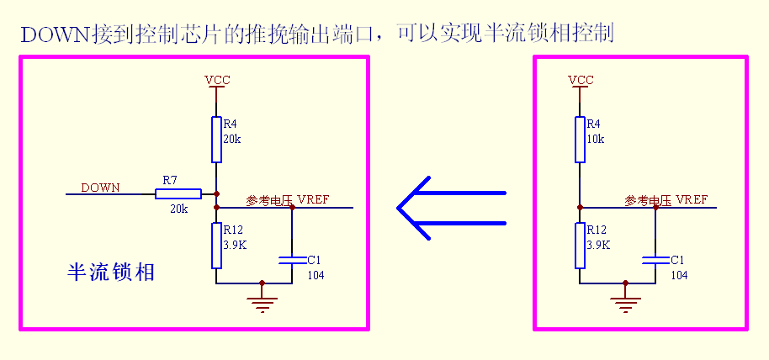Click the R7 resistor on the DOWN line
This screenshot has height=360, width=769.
(178, 193)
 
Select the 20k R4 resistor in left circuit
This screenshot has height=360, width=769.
(216, 140)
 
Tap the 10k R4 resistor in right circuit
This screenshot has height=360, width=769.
(580, 139)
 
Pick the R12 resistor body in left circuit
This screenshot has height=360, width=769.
(216, 246)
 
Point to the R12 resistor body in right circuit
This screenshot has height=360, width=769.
(580, 246)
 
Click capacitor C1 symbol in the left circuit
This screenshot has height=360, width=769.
(292, 262)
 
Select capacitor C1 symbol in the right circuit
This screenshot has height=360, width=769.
(655, 262)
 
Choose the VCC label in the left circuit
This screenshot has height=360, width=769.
(217, 81)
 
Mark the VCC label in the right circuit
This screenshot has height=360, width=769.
(581, 81)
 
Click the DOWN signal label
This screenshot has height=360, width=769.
(100, 187)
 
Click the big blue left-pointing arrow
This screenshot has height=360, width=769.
(451, 208)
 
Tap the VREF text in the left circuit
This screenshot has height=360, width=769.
(313, 200)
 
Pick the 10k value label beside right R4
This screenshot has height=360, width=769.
(596, 139)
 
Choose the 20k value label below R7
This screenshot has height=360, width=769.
(178, 209)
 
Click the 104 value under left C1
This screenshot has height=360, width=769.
(316, 275)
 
